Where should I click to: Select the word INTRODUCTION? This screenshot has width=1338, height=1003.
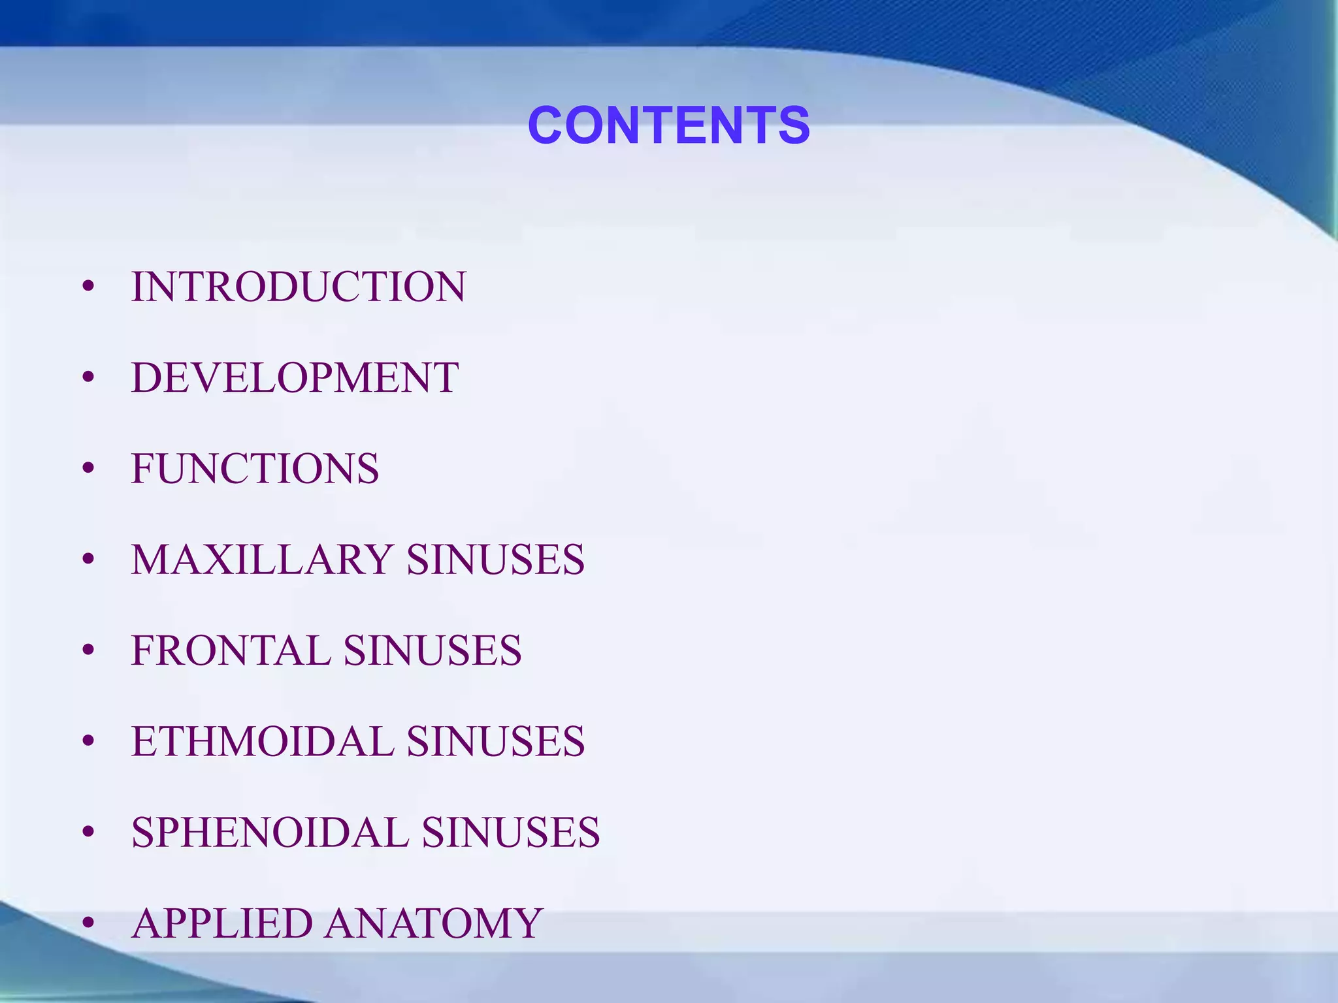click(299, 287)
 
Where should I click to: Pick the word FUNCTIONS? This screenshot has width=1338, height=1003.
click(255, 468)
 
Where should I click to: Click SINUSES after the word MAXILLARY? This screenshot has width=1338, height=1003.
click(495, 560)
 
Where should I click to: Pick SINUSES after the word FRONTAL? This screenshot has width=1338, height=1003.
click(432, 650)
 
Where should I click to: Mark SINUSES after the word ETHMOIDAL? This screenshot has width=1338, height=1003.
click(495, 741)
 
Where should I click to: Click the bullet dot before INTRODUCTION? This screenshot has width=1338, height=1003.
click(89, 287)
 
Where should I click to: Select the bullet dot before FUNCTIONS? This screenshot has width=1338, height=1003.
click(89, 468)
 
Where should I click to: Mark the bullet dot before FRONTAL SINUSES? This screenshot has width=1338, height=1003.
click(89, 650)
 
